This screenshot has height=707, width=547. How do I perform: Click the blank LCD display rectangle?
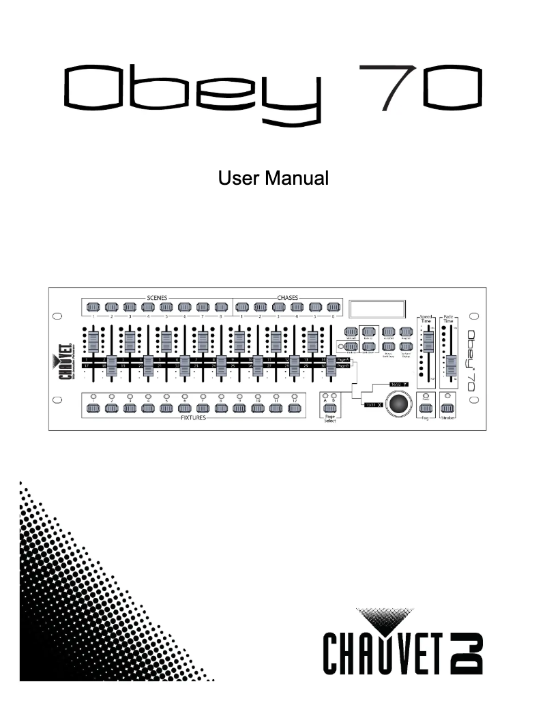(379, 308)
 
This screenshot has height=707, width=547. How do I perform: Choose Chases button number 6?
(333, 307)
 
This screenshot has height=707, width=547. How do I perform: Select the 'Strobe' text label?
(447, 417)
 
